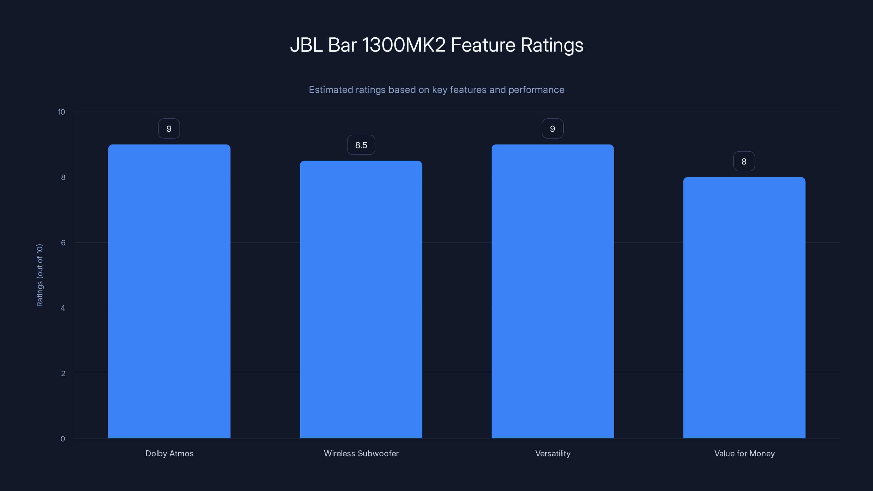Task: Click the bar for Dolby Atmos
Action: pos(169,291)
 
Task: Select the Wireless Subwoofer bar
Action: pos(361,300)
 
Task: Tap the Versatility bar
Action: pos(552,291)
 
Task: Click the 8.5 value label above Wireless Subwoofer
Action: pos(361,145)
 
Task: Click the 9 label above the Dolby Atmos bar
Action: pos(169,129)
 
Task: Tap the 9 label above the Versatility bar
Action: pos(552,129)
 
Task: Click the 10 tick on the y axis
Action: pos(61,112)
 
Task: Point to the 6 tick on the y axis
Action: pos(63,242)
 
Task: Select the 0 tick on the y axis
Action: pos(63,439)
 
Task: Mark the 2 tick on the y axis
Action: pos(63,373)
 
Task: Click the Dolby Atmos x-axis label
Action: pos(169,453)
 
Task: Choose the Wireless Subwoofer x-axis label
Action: pos(361,453)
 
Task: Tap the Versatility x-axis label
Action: pos(553,453)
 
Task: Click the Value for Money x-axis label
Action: pos(744,453)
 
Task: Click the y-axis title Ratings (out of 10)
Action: pos(40,275)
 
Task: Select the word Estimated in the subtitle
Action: pos(330,90)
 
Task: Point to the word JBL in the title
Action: pos(306,45)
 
